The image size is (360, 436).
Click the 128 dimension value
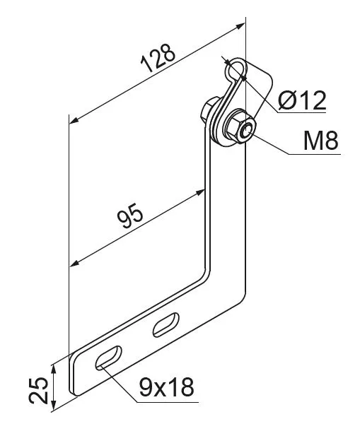coord(158,57)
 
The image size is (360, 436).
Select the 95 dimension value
coord(130,216)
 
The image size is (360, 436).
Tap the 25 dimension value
coord(39,390)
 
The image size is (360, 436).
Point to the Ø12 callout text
coord(302,100)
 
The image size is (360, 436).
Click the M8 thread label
coord(321,141)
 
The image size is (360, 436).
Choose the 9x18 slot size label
coord(166,387)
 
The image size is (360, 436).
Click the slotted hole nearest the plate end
coord(108,358)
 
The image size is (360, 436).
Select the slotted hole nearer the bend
coord(166,325)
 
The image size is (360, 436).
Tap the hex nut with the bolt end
coord(240,128)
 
